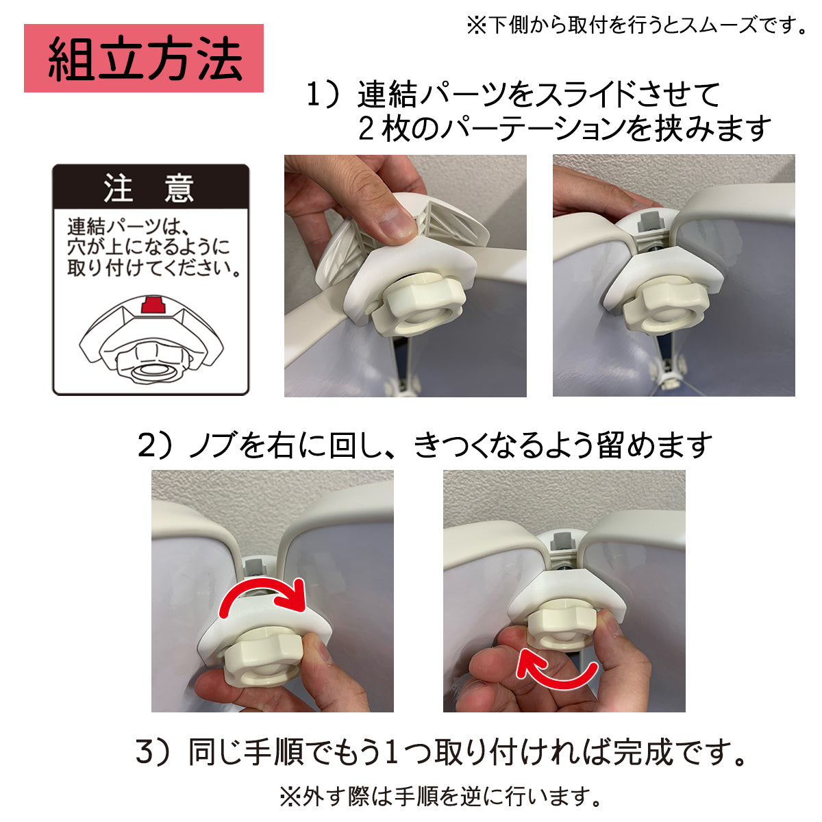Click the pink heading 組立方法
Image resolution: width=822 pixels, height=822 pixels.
point(144,58)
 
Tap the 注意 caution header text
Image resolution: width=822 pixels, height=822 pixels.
point(150,188)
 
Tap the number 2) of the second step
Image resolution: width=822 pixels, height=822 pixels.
point(155,445)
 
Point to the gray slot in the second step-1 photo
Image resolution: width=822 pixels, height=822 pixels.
point(648,222)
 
